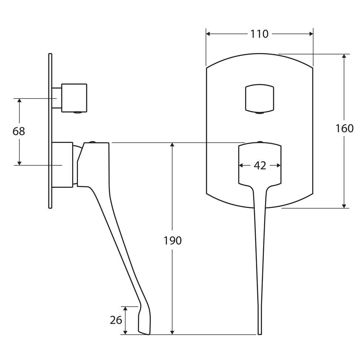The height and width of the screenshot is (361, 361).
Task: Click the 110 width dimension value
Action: pyautogui.click(x=259, y=34)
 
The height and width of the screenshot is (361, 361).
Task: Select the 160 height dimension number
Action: pyautogui.click(x=344, y=129)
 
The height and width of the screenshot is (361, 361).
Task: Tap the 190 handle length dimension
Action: pyautogui.click(x=173, y=240)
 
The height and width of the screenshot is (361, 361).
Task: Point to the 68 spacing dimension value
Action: pyautogui.click(x=19, y=131)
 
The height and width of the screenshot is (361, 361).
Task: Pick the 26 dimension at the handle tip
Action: pyautogui.click(x=116, y=320)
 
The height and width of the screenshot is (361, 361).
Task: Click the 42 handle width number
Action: pyautogui.click(x=260, y=166)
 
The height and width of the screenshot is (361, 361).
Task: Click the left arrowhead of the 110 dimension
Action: pyautogui.click(x=208, y=34)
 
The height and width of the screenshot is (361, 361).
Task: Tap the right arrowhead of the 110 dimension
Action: pyautogui.click(x=311, y=34)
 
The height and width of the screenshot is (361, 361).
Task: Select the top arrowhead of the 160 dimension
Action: pyautogui.click(x=344, y=56)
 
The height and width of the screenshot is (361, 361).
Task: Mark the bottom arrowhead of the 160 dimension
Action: pyautogui.click(x=344, y=206)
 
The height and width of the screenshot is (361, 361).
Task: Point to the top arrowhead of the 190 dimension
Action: pyautogui.click(x=172, y=145)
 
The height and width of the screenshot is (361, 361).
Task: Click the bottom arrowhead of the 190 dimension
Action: pyautogui.click(x=172, y=332)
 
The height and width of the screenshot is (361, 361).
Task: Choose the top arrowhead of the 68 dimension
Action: pyautogui.click(x=19, y=101)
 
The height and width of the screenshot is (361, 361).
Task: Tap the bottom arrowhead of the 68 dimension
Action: pyautogui.click(x=19, y=163)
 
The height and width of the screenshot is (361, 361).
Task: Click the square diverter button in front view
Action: pyautogui.click(x=260, y=99)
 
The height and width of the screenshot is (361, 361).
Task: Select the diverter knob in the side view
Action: pyautogui.click(x=74, y=98)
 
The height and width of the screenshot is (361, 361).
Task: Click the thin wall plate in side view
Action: pyautogui.click(x=50, y=131)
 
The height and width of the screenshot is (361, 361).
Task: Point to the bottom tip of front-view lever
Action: pyautogui.click(x=260, y=334)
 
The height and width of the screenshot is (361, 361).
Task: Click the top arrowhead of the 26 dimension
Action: pyautogui.click(x=125, y=309)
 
